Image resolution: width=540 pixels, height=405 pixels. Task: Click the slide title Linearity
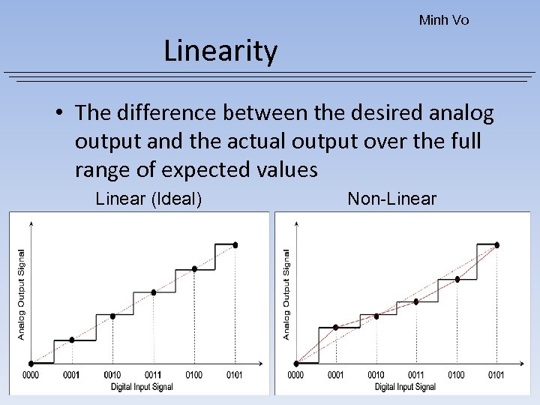(220, 52)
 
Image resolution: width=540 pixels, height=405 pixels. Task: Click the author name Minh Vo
(444, 20)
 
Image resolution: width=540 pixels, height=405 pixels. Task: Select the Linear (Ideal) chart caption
(148, 199)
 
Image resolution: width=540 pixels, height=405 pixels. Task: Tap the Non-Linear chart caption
(391, 199)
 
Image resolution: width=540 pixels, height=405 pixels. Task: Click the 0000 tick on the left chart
(31, 374)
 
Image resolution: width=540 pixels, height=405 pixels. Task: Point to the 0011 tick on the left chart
(153, 374)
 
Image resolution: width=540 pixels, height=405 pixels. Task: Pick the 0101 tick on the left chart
(234, 374)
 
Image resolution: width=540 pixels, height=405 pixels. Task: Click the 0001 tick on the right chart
(335, 375)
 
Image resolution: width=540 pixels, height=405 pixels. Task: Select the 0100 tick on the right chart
(456, 375)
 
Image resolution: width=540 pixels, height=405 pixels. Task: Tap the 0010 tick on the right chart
(376, 375)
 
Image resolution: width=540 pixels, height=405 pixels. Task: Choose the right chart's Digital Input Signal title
(405, 387)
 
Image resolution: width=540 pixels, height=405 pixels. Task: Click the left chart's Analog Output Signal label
(21, 295)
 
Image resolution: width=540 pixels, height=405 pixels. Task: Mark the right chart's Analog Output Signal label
(286, 295)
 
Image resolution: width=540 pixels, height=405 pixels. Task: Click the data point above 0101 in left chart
(235, 244)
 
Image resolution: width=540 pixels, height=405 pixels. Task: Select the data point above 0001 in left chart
(72, 340)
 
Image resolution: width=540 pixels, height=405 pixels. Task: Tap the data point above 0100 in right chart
(457, 279)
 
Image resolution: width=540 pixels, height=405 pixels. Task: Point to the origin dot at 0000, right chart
(295, 364)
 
